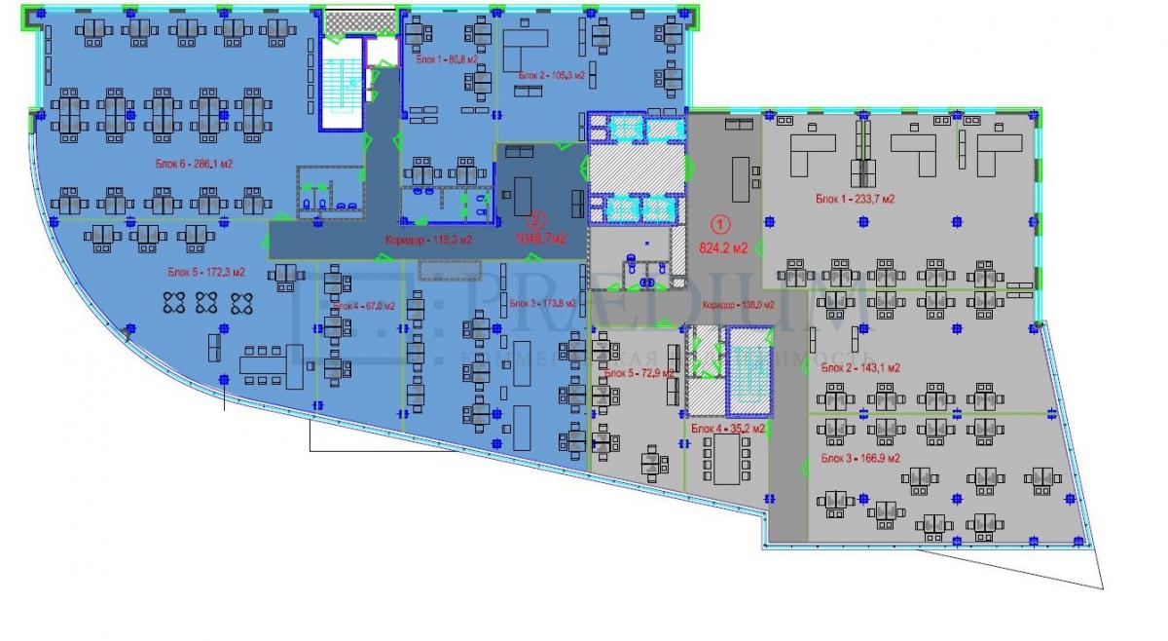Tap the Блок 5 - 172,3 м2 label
click(x=205, y=272)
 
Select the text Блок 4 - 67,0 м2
click(x=363, y=306)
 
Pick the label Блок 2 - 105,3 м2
click(x=552, y=75)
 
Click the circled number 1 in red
click(x=721, y=222)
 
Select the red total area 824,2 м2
click(x=723, y=247)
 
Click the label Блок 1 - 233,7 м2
click(x=855, y=199)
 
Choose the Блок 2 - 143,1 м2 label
click(x=859, y=368)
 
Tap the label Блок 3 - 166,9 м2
click(x=859, y=457)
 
